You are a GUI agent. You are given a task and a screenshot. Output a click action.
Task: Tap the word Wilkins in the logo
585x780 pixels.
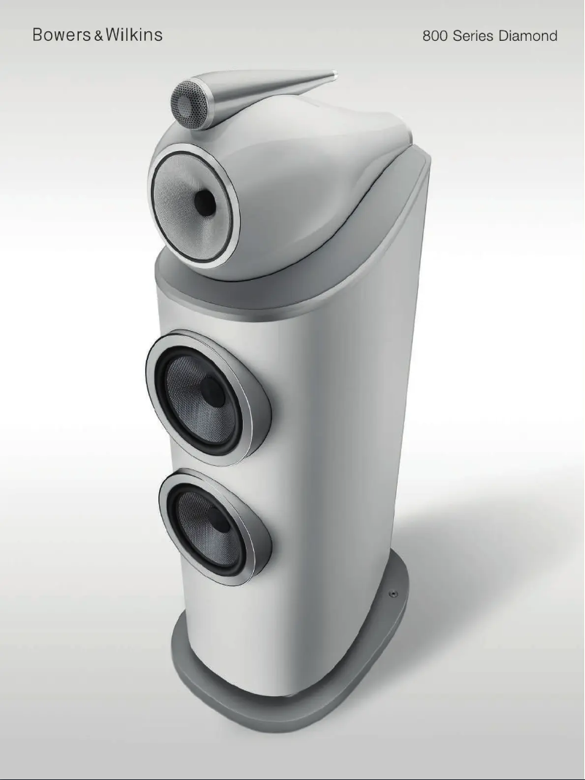[x=133, y=35]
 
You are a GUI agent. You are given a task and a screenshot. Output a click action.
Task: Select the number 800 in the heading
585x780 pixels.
[x=435, y=36]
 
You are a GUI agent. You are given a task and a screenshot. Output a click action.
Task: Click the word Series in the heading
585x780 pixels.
[x=473, y=36]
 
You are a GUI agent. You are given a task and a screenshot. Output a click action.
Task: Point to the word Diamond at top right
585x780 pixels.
[x=528, y=36]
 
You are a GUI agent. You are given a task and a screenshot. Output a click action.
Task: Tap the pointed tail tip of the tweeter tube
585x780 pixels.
[x=333, y=74]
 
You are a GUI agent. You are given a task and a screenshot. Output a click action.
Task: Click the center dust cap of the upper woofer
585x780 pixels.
[x=212, y=393]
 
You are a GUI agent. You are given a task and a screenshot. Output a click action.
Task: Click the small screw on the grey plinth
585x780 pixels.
[x=393, y=594]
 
